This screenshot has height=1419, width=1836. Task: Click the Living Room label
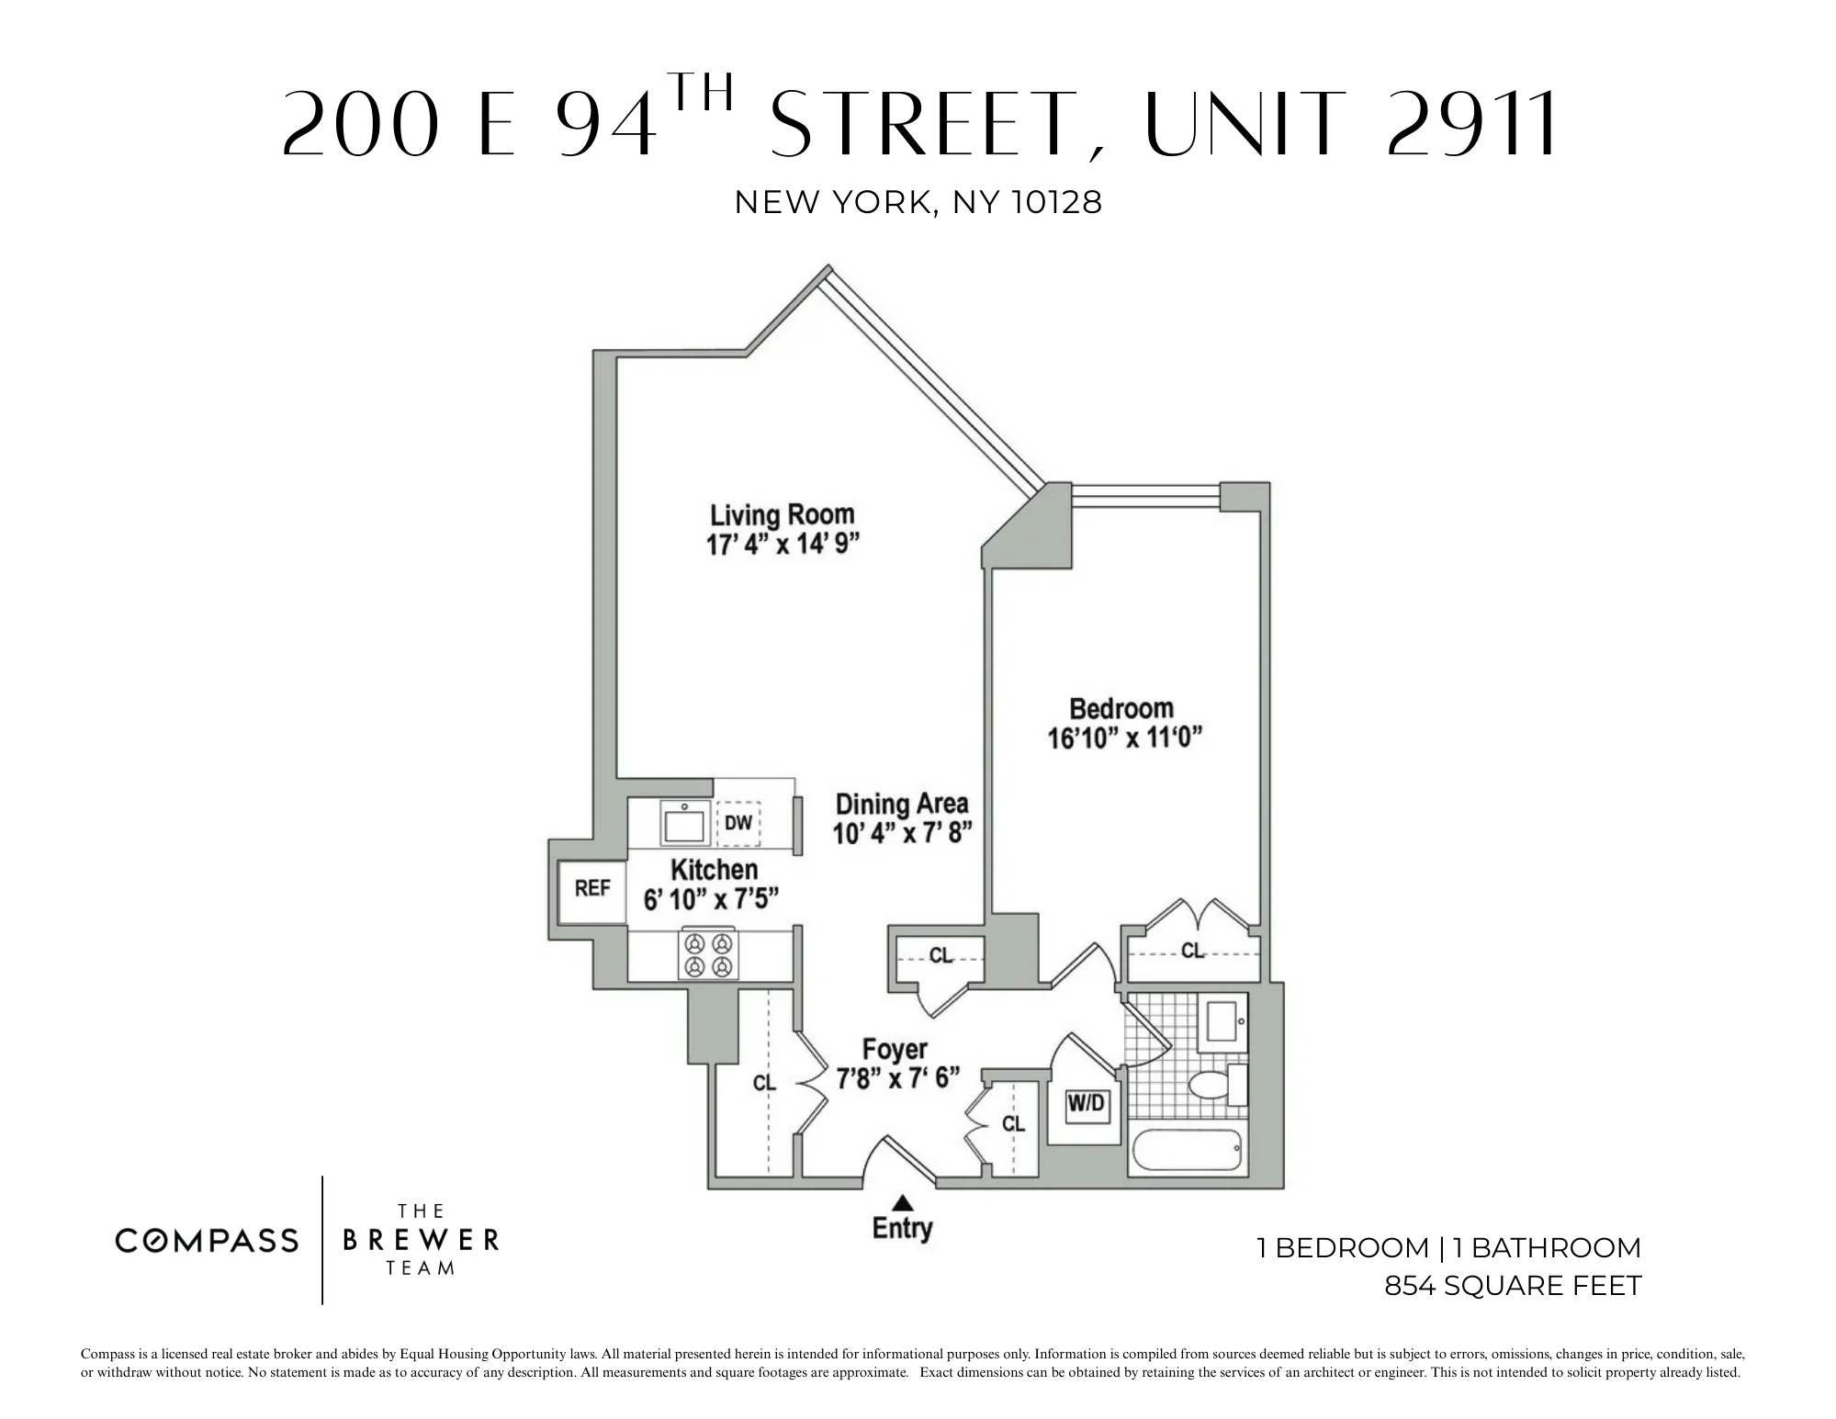(x=782, y=514)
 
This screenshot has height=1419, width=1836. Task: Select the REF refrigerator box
(x=592, y=889)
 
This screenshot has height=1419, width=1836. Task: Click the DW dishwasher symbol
(x=738, y=823)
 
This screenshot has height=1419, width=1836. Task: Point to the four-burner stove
(x=709, y=954)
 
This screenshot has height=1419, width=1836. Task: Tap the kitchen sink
(x=684, y=823)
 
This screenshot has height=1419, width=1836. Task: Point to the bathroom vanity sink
(x=1223, y=1021)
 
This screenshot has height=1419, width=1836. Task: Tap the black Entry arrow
(x=904, y=1201)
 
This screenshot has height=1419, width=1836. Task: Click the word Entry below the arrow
(x=902, y=1229)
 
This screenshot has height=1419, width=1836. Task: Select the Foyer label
(x=894, y=1049)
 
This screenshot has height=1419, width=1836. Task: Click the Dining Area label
(x=901, y=805)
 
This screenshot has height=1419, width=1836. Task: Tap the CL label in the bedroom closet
(x=1192, y=951)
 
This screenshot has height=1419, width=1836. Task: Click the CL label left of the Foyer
(x=764, y=1083)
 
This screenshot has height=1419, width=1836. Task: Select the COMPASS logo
(x=207, y=1241)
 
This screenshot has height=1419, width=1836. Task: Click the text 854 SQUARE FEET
(x=1512, y=1286)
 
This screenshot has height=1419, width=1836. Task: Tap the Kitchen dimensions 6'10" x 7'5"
(x=711, y=899)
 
